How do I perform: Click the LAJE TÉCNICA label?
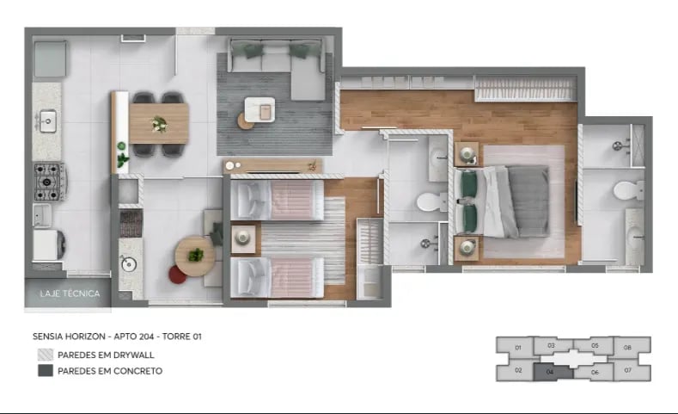(x=70, y=294)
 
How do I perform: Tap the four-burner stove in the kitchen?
(x=49, y=181)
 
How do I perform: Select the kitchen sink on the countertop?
(x=48, y=120)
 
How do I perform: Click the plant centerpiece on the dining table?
(x=159, y=125)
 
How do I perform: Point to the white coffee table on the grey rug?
(x=260, y=108)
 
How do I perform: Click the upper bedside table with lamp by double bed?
(x=467, y=155)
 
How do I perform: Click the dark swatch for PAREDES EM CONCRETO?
(x=45, y=371)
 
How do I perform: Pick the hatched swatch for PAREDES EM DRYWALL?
(x=45, y=355)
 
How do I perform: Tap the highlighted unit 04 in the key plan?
(x=550, y=372)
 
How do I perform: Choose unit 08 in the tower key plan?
(x=627, y=348)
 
